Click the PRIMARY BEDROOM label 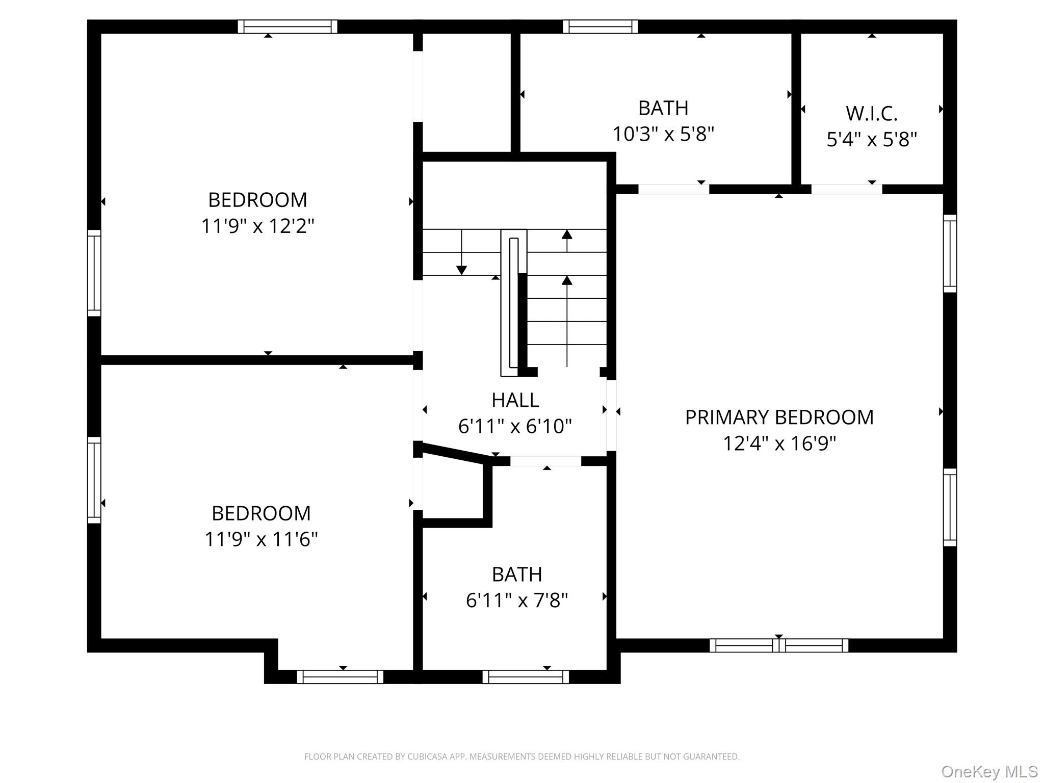pyautogui.click(x=779, y=417)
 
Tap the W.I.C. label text pyautogui.click(x=871, y=114)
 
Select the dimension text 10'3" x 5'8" pyautogui.click(x=663, y=134)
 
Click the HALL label pyautogui.click(x=515, y=400)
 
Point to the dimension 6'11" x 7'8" pyautogui.click(x=516, y=601)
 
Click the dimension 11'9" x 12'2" pyautogui.click(x=257, y=226)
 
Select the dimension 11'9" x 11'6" pyautogui.click(x=261, y=539)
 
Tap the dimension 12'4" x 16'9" pyautogui.click(x=779, y=443)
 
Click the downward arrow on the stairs pyautogui.click(x=461, y=269)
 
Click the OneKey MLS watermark pyautogui.click(x=989, y=771)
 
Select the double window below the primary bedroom pyautogui.click(x=778, y=645)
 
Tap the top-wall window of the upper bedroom pyautogui.click(x=288, y=27)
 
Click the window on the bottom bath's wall pyautogui.click(x=526, y=676)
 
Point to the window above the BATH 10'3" pyautogui.click(x=600, y=27)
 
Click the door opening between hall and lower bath pyautogui.click(x=545, y=461)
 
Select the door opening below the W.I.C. pyautogui.click(x=846, y=189)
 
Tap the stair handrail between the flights pyautogui.click(x=513, y=306)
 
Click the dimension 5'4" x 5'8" pyautogui.click(x=871, y=140)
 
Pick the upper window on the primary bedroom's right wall pyautogui.click(x=950, y=253)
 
